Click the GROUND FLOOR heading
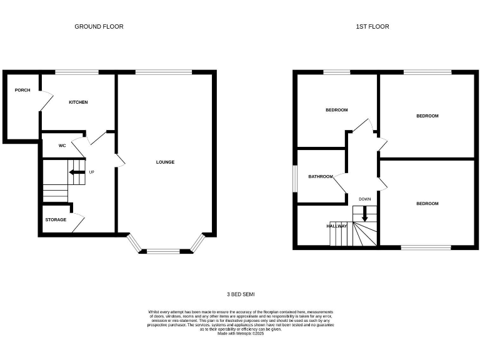tap(99, 26)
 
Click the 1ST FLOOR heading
tap(372, 26)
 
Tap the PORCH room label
tap(22, 90)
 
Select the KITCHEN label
tap(78, 102)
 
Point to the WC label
tap(62, 146)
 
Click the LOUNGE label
tap(165, 162)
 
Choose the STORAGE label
tap(56, 219)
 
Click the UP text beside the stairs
tap(91, 172)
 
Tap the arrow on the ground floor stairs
tap(76, 172)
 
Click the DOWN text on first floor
tap(365, 199)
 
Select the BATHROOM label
tap(321, 176)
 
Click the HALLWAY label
tap(336, 226)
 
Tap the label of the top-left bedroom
tap(336, 110)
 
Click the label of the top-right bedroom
tap(427, 116)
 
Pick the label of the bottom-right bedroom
tap(427, 203)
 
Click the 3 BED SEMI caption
tap(241, 294)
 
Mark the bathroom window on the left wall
tap(296, 176)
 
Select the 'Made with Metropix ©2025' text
tap(241, 334)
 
